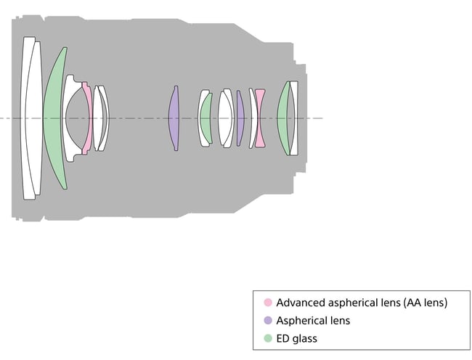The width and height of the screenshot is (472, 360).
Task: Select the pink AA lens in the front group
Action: tap(88, 118)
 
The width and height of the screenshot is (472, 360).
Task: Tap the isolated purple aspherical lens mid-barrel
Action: tap(174, 118)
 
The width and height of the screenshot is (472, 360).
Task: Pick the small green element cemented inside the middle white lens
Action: tap(206, 118)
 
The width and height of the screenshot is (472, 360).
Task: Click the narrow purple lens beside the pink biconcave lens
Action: tap(240, 118)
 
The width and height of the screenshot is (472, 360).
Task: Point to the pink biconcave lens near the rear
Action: tap(260, 118)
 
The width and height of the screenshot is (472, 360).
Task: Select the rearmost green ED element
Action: tap(283, 118)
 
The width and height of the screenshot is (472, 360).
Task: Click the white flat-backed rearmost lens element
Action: tap(294, 118)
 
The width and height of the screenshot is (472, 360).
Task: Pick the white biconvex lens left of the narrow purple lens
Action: tap(225, 118)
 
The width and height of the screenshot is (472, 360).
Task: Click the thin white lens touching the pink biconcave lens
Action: tap(252, 118)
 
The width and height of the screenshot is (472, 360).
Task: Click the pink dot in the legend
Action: tap(268, 302)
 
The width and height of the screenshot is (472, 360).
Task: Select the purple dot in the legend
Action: tap(268, 320)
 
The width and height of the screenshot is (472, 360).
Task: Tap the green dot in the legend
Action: tap(268, 338)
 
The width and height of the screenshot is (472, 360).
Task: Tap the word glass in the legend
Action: tap(305, 339)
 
